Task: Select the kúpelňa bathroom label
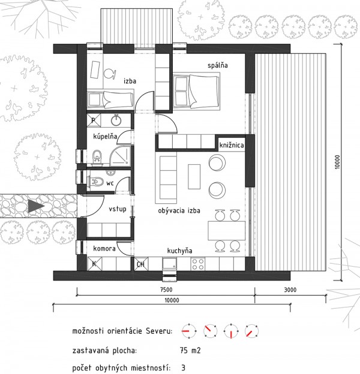[104, 137]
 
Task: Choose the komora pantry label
[104, 248]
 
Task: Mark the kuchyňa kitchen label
[181, 253]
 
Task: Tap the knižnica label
[230, 144]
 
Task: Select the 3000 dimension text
[290, 290]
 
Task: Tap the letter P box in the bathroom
[94, 120]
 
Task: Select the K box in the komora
[94, 263]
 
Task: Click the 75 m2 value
[191, 350]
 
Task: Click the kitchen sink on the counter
[169, 263]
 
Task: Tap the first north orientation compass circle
[187, 330]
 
